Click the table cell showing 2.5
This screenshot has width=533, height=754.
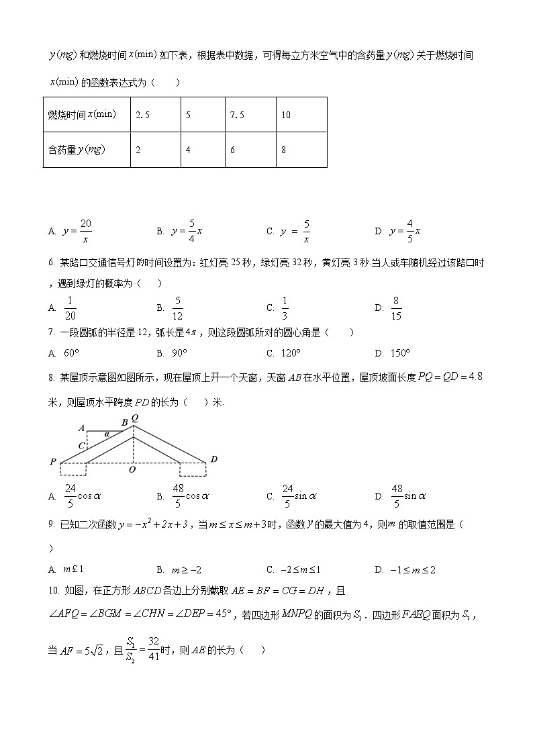[x=155, y=115]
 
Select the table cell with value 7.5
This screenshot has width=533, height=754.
[x=249, y=115]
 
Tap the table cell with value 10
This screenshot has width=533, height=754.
[x=301, y=115]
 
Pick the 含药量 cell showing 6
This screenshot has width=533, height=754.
[x=249, y=150]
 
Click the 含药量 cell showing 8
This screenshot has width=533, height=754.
[x=301, y=150]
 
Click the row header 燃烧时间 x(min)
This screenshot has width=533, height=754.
[x=87, y=115]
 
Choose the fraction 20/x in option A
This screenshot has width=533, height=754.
[x=85, y=231]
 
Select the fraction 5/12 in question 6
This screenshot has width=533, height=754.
[x=178, y=308]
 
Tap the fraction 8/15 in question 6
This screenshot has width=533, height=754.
[x=397, y=308]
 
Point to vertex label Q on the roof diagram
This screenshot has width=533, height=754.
[x=135, y=418]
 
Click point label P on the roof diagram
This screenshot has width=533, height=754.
[x=52, y=461]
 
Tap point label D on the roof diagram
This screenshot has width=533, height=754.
[x=213, y=459]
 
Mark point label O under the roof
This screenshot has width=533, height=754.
[x=132, y=470]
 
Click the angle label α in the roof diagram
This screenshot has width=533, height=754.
[x=106, y=434]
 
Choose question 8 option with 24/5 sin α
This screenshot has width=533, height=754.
[x=299, y=497]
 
